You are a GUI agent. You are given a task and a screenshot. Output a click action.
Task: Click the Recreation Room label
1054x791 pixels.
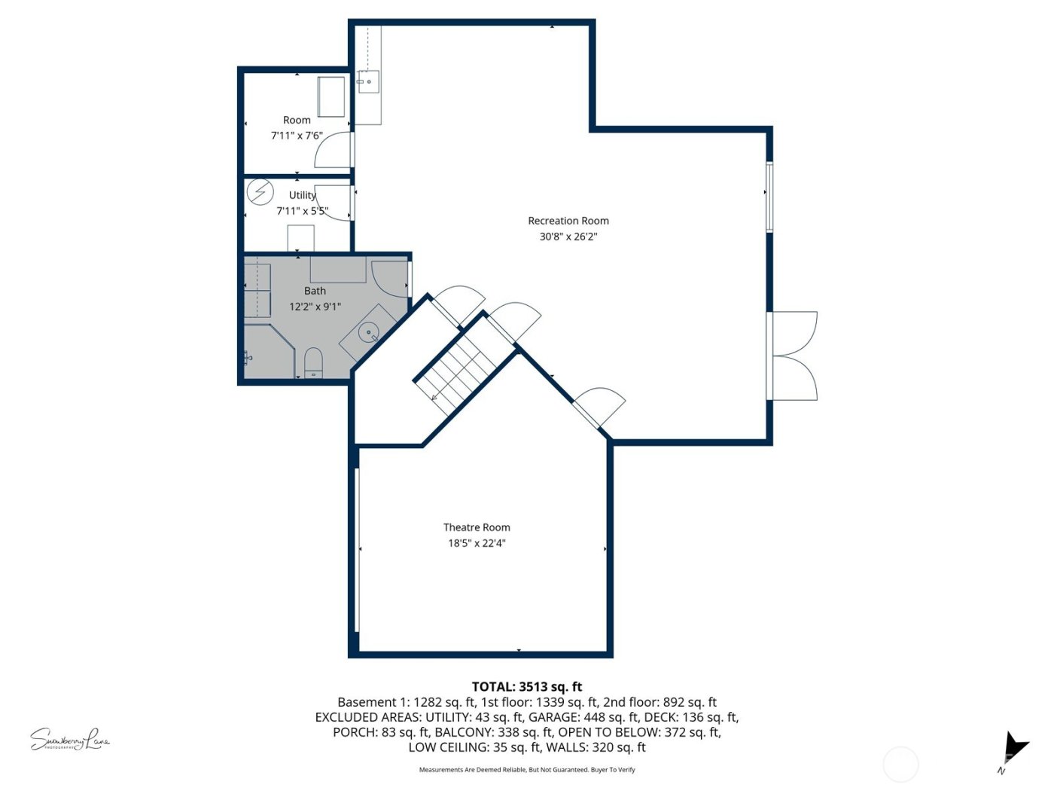[x=568, y=221]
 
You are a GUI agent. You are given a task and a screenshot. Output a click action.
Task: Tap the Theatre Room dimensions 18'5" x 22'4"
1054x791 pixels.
[x=477, y=543]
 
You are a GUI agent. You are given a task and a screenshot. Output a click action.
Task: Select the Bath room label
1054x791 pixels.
[x=315, y=291]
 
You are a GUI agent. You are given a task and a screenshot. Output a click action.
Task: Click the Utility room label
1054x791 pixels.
[x=302, y=195]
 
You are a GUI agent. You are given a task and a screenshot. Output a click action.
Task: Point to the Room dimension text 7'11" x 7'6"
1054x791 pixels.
[x=297, y=136]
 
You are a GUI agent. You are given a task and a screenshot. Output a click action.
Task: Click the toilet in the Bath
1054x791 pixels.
[x=313, y=361]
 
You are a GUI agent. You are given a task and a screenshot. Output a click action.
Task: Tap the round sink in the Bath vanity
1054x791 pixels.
[x=369, y=332]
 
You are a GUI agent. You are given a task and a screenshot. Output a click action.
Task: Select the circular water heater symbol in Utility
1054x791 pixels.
[x=260, y=192]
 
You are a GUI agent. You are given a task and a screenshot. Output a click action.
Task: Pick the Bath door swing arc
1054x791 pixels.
[x=388, y=277]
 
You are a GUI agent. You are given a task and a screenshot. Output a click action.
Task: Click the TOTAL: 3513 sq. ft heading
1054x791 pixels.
[x=526, y=686]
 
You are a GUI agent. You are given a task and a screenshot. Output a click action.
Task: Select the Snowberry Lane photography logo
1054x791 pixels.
[x=69, y=740]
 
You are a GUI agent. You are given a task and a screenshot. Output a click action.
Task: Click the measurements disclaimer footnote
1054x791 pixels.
[x=526, y=770]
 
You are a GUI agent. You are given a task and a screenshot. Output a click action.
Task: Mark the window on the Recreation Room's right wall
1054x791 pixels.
[x=769, y=197]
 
